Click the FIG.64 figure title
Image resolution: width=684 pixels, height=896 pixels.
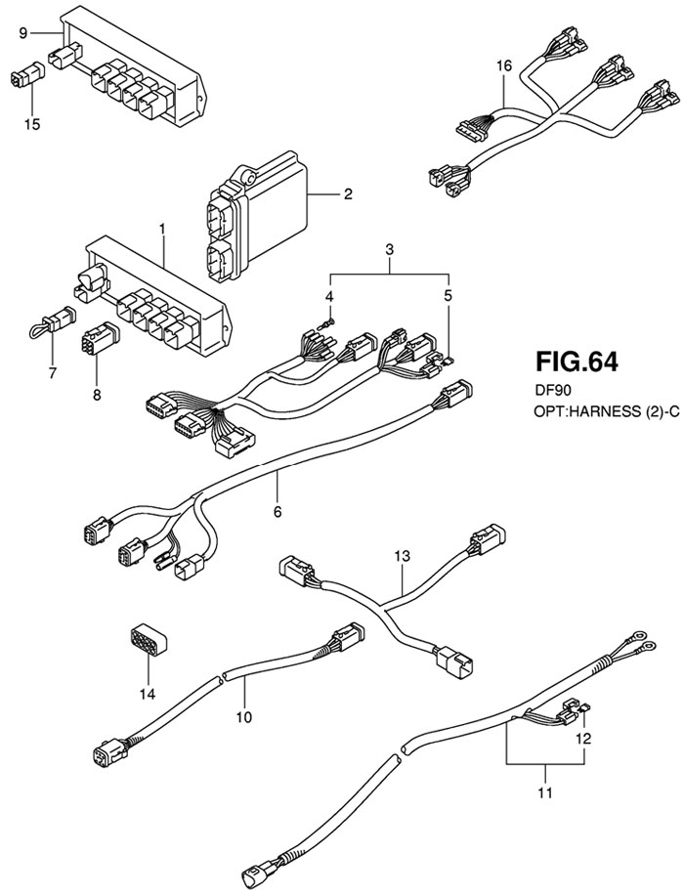[576, 363]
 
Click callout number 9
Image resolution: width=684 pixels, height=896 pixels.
[22, 33]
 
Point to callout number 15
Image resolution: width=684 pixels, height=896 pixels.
[32, 124]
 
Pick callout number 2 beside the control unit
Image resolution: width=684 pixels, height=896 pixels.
[347, 195]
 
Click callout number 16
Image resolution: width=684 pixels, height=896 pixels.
[503, 65]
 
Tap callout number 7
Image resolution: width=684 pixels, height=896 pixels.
[53, 372]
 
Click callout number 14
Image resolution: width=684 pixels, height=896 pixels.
[148, 695]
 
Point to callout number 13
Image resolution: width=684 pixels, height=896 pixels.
[402, 556]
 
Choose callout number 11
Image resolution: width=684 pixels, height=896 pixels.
[545, 791]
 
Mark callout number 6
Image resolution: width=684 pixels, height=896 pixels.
[277, 511]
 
